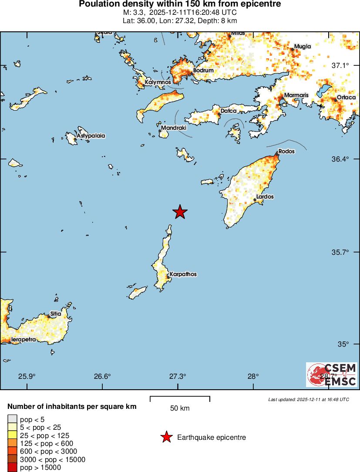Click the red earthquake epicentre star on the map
(x=180, y=212)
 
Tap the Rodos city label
(x=286, y=152)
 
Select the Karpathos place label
(x=183, y=274)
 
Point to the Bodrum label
(x=203, y=71)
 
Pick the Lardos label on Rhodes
(x=265, y=197)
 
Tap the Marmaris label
(x=296, y=95)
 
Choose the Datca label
(x=229, y=111)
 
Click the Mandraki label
(x=173, y=128)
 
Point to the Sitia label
(x=55, y=314)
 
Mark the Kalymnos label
(x=158, y=82)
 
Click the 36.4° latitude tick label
(x=340, y=159)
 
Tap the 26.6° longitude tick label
(x=103, y=377)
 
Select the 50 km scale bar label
(x=180, y=408)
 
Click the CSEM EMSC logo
(x=332, y=375)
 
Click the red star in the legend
(x=166, y=438)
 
